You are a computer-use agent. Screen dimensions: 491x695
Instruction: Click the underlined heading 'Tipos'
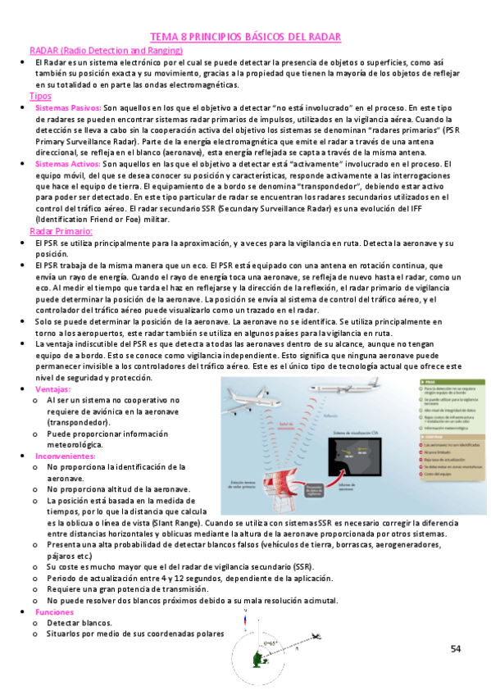click(x=40, y=96)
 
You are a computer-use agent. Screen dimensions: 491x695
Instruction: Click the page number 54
click(x=456, y=649)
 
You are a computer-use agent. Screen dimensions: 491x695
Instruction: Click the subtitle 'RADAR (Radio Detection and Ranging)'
click(x=106, y=51)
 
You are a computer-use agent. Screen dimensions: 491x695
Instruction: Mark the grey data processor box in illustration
click(x=315, y=490)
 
